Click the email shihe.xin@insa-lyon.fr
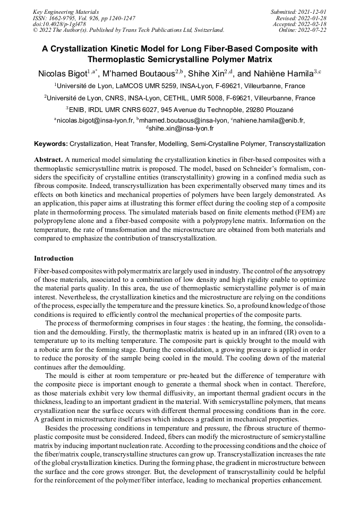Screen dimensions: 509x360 pos(181,128)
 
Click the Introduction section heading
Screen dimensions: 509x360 pos(54,258)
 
